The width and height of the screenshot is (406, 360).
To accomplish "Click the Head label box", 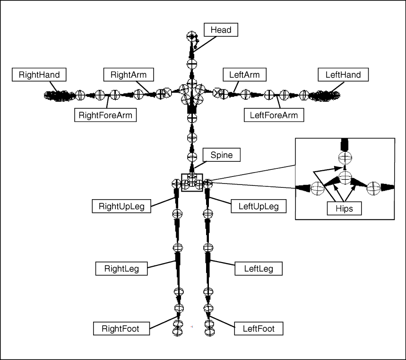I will [x=221, y=30].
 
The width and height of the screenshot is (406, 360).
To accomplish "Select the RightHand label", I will [x=39, y=75].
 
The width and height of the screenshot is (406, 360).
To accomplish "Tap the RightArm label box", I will [x=128, y=75].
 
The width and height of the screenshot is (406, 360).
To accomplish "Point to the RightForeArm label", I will [x=105, y=114].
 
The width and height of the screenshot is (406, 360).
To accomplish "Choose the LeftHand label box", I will [x=343, y=75].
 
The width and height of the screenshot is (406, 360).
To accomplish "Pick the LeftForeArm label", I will [x=274, y=114].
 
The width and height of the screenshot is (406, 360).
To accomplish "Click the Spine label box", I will [x=222, y=155].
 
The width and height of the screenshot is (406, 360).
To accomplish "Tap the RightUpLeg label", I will [x=121, y=206].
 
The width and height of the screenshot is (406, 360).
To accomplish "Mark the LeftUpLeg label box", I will [x=258, y=206].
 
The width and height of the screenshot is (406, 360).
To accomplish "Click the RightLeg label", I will [x=121, y=269].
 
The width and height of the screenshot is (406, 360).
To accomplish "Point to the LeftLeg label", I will [x=258, y=269].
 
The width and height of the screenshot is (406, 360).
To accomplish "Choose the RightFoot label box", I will [x=120, y=328].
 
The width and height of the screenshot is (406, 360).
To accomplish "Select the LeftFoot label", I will [x=259, y=328].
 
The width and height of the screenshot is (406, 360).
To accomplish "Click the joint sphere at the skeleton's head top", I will [x=191, y=36].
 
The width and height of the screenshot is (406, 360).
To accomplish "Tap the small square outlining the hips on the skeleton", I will [x=192, y=183].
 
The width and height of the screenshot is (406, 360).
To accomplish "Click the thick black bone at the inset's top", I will [x=345, y=144].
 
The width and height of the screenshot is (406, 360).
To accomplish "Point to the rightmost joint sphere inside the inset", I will [x=373, y=188].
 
